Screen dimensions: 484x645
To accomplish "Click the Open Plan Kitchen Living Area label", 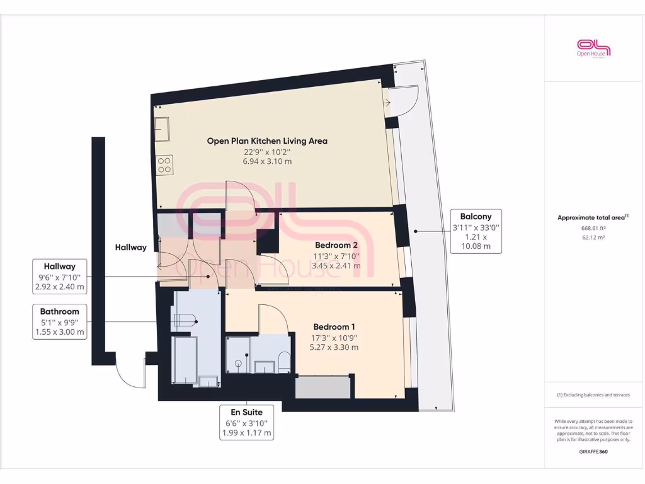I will (267, 141).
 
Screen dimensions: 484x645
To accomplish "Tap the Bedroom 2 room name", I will (336, 245).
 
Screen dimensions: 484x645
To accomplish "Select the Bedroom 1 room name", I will (334, 327).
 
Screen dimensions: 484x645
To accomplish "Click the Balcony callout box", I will (476, 231).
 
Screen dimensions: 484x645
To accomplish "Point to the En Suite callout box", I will (247, 422).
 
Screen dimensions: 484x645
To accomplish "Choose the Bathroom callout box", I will (60, 322).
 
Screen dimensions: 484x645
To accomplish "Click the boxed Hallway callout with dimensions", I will (60, 277).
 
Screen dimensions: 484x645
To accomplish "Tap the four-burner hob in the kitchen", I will (165, 165).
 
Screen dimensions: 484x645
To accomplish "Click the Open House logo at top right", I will (594, 48).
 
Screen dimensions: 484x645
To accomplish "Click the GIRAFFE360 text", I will (593, 451).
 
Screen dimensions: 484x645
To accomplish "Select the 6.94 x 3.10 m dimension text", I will (267, 162).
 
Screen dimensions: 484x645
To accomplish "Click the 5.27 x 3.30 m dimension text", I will (334, 347).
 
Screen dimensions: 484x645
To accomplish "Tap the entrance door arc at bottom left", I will (130, 377).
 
